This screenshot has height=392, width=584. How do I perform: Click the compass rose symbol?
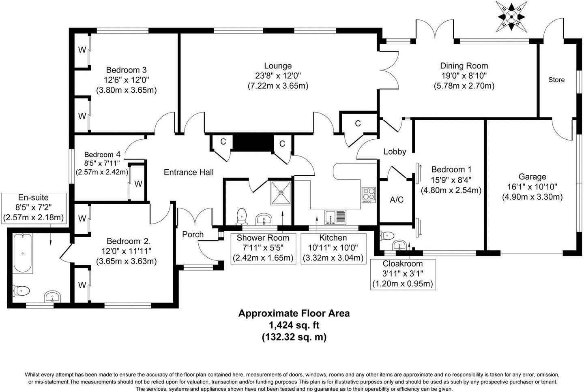tap(511, 17)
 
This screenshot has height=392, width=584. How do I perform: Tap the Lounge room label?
tap(278, 66)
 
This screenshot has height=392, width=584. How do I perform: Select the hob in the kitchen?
tap(369, 195)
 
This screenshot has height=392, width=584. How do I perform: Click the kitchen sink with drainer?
tap(335, 217)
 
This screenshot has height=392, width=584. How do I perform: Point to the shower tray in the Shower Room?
tap(281, 193)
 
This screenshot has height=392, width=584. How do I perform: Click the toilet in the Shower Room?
tap(241, 216)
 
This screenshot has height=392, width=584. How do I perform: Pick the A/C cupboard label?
tap(396, 200)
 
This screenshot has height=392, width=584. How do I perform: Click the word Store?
tap(556, 80)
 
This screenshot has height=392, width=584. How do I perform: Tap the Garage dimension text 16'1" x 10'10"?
tap(532, 187)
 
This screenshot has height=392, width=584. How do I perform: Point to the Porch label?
tap(193, 234)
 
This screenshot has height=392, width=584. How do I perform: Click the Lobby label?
tap(395, 151)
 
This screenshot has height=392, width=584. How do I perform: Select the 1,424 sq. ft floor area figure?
tap(294, 325)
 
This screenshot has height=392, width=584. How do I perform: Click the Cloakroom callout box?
tap(403, 274)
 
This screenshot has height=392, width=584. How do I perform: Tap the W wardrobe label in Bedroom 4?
tap(138, 184)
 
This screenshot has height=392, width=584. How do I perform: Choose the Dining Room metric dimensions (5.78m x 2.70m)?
tap(464, 85)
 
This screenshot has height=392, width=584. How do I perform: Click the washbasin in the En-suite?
tap(53, 296)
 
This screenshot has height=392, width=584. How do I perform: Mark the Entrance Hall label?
tap(189, 172)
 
